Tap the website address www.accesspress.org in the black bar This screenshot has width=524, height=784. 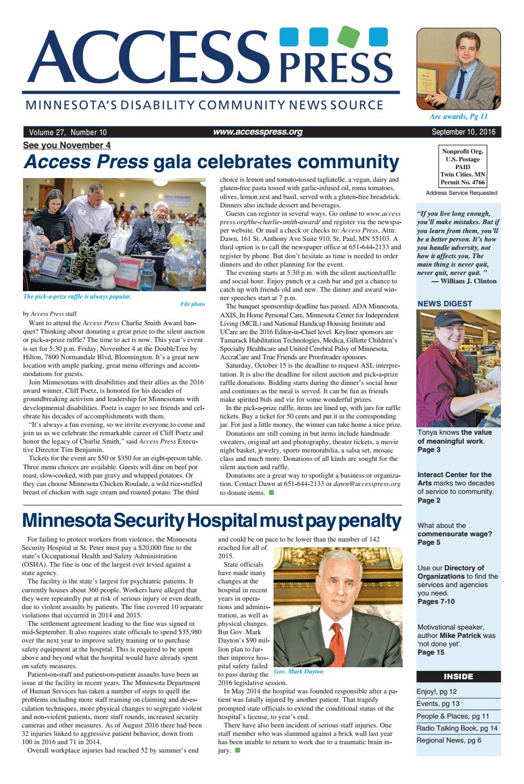257,132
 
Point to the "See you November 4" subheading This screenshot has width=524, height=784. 67,145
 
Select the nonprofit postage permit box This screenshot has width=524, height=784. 463,167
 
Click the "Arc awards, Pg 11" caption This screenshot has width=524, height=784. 458,116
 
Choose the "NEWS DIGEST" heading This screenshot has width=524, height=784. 445,303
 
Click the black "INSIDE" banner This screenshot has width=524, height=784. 458,677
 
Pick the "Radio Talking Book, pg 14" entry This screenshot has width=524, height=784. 457,728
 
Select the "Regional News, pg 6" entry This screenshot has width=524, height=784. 449,740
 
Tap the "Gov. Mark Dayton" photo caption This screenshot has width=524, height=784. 299,671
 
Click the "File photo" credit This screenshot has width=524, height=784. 192,304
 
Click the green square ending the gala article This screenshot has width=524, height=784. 271,492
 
